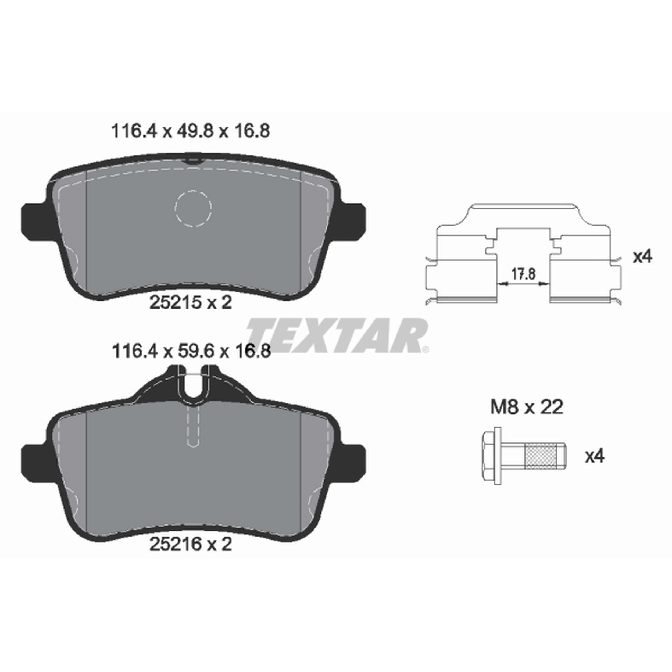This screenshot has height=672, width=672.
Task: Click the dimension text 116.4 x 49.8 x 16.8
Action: [x=190, y=132]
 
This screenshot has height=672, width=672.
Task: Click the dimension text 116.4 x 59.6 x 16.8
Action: [x=191, y=351]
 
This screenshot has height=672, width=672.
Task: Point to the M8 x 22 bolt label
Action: [x=527, y=407]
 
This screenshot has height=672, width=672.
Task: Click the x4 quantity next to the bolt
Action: [x=595, y=457]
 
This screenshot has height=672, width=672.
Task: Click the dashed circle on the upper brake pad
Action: [x=193, y=209]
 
